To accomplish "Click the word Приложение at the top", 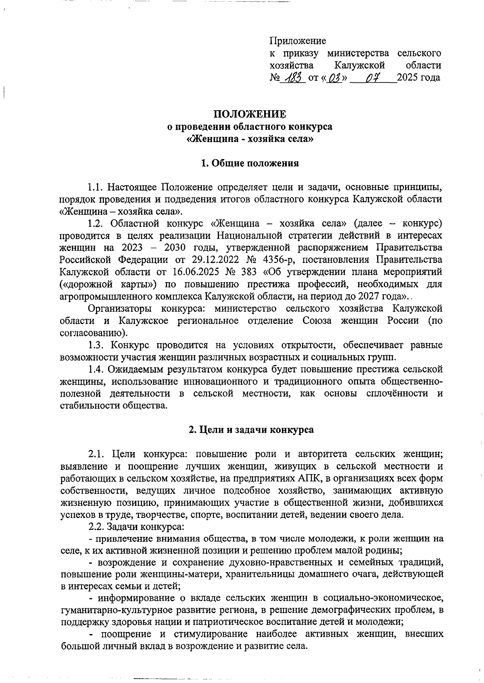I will coord(297,41).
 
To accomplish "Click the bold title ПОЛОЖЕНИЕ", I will coord(250,114).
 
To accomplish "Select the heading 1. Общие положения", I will coord(250,163).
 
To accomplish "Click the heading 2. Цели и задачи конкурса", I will coord(251,429).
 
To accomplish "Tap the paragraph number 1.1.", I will coord(96,187).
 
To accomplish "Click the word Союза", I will coord(317,321).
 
